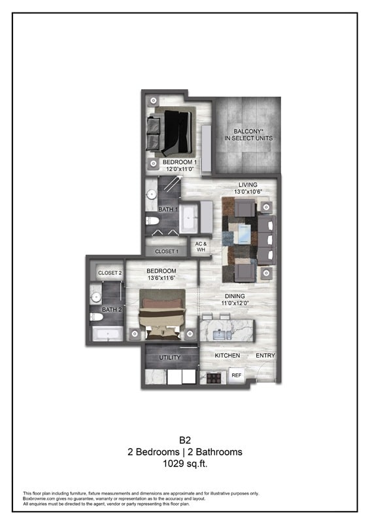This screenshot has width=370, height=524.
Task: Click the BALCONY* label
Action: [x=248, y=131]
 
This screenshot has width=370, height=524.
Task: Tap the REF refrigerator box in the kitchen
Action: [x=236, y=376]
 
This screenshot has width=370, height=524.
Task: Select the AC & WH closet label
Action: [x=201, y=247]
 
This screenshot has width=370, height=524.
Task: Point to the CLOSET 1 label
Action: [x=166, y=251]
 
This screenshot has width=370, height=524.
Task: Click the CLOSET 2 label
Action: [x=109, y=273]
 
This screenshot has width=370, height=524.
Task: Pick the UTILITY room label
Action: [x=170, y=358]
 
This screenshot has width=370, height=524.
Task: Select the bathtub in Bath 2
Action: [x=105, y=335]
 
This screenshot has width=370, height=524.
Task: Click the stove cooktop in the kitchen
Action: [x=213, y=377]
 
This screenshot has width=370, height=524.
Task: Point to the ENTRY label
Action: [x=265, y=356]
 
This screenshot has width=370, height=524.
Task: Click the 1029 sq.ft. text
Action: [x=184, y=463]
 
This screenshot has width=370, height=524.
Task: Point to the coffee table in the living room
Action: [x=243, y=233]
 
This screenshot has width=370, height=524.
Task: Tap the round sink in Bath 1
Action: [x=151, y=194]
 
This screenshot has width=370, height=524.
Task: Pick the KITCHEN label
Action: [x=227, y=356]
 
